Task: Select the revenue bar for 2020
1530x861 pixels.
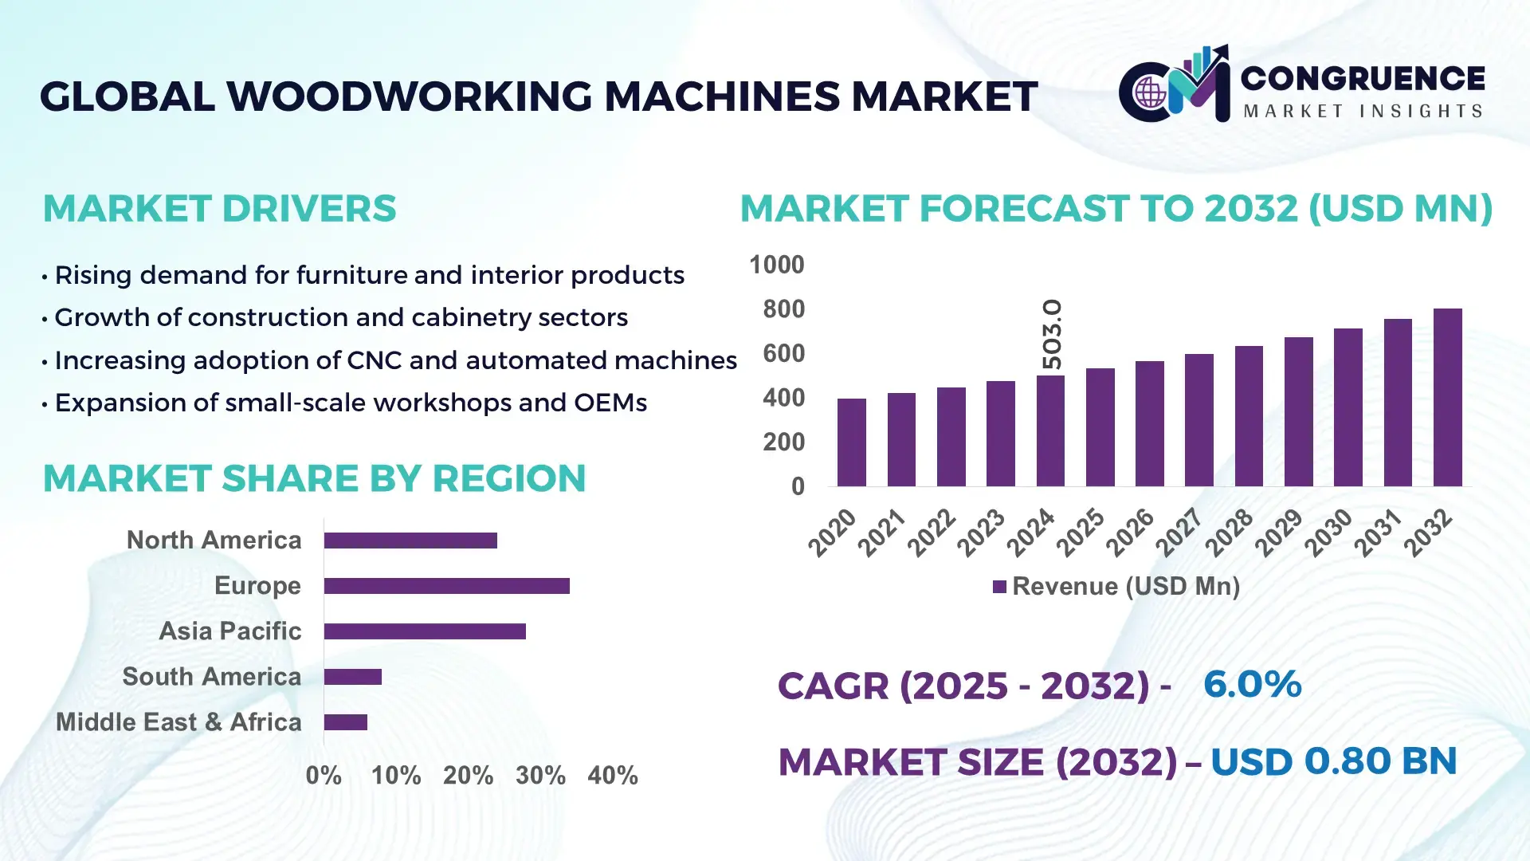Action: (851, 442)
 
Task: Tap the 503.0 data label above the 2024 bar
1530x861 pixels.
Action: (1052, 334)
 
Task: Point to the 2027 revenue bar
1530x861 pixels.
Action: (1198, 420)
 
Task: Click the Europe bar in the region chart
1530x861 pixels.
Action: (446, 586)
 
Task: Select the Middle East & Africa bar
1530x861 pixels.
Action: (345, 722)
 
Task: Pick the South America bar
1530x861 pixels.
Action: (352, 677)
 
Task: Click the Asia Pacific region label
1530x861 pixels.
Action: (229, 631)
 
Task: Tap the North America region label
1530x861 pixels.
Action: (214, 541)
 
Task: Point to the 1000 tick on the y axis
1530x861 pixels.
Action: (776, 265)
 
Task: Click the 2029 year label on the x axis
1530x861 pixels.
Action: (1278, 533)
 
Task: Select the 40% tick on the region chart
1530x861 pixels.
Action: (612, 776)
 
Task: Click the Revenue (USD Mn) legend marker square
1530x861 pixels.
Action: (999, 587)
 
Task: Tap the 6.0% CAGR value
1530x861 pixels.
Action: (1252, 684)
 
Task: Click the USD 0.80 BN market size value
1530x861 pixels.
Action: (1333, 761)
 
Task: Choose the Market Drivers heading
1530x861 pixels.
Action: (219, 209)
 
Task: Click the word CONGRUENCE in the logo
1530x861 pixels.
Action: (1363, 78)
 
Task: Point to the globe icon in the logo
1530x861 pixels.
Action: (1150, 93)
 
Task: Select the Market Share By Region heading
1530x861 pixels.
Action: (314, 478)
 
